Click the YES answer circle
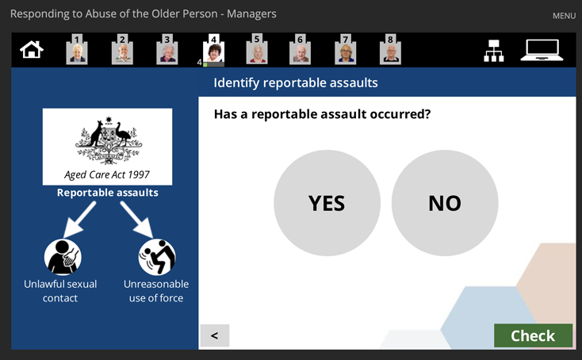click(x=327, y=203)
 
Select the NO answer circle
click(x=445, y=203)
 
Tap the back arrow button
click(x=215, y=335)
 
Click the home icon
click(x=32, y=50)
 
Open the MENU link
click(x=564, y=16)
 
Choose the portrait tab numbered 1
click(x=77, y=49)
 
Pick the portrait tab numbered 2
click(x=122, y=49)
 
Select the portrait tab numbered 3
click(x=167, y=49)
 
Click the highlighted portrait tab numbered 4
click(x=213, y=50)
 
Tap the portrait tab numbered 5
click(x=256, y=49)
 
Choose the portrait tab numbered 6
click(x=300, y=49)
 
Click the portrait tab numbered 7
click(x=345, y=49)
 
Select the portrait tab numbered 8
click(x=390, y=49)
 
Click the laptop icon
click(x=542, y=50)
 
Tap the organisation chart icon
click(x=494, y=51)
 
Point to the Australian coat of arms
click(x=109, y=140)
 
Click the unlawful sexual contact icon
click(x=63, y=257)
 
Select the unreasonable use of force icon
click(x=157, y=257)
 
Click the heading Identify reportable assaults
click(x=296, y=82)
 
